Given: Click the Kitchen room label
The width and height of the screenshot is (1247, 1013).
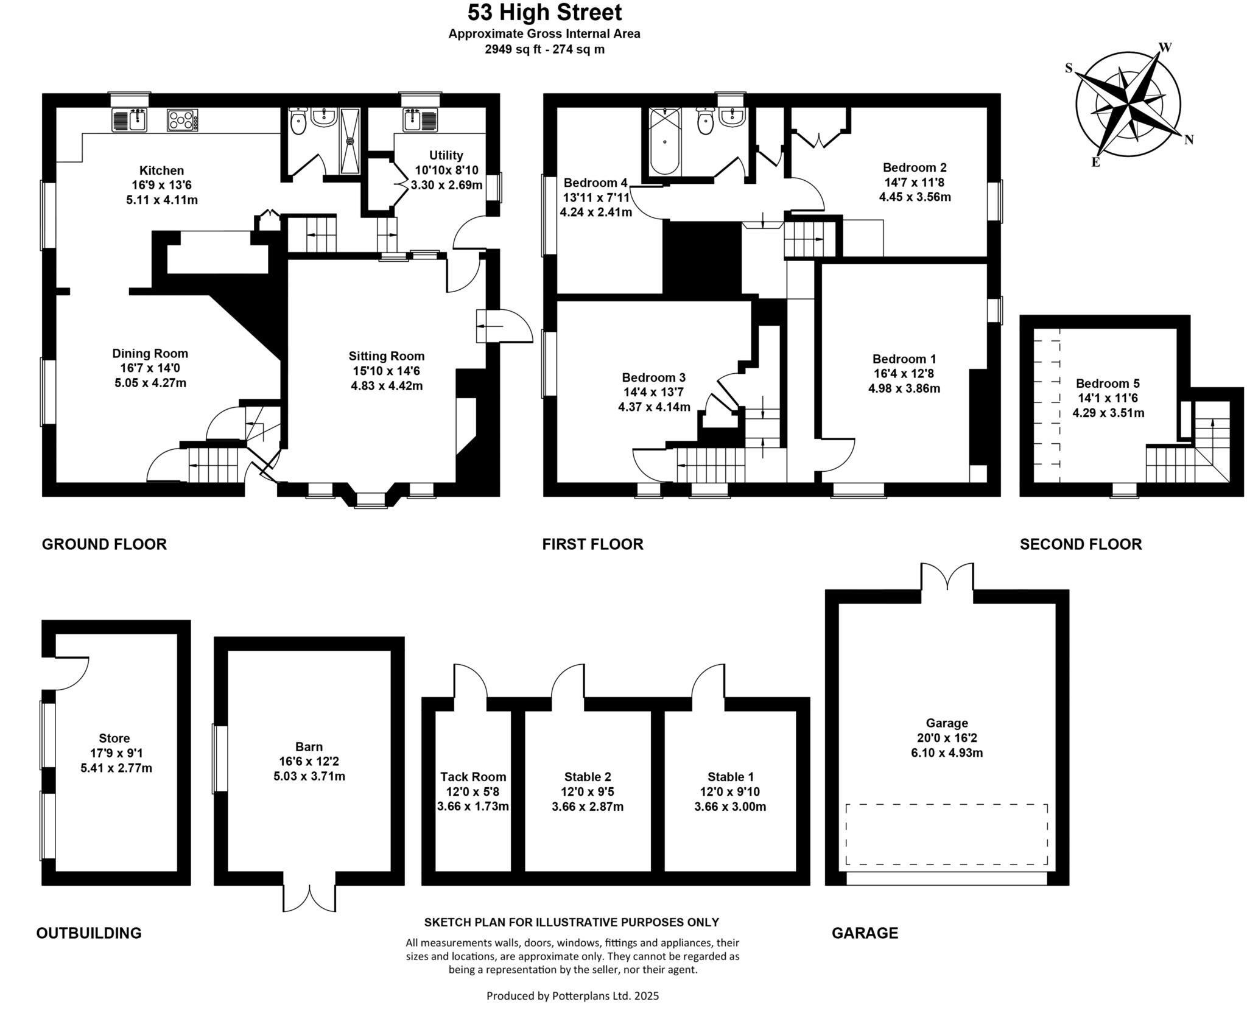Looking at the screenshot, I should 161,170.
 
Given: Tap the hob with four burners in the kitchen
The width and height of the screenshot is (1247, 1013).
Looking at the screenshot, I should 182,120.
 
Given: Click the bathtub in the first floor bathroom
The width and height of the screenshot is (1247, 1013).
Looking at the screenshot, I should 664,141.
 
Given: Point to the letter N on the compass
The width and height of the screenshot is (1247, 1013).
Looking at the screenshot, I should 1189,140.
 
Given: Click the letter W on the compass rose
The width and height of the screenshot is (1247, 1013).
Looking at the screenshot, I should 1165,47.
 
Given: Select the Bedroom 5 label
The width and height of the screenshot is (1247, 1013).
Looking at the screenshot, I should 1108,384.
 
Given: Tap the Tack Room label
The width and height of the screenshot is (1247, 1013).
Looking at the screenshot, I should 473,777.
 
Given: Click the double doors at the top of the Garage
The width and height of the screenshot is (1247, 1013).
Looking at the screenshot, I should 947,576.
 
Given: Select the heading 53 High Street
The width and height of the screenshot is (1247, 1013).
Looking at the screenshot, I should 544,12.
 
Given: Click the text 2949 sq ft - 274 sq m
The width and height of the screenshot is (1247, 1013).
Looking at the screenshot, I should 544,50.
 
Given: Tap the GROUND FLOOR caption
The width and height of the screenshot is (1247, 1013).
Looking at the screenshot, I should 104,544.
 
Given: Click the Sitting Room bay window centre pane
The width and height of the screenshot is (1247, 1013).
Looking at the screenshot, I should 371,500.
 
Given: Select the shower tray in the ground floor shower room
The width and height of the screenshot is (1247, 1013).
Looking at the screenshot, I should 350,141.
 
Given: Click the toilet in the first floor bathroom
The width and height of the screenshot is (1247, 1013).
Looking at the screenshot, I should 705,122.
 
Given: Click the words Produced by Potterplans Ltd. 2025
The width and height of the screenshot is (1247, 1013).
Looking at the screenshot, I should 572,996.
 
